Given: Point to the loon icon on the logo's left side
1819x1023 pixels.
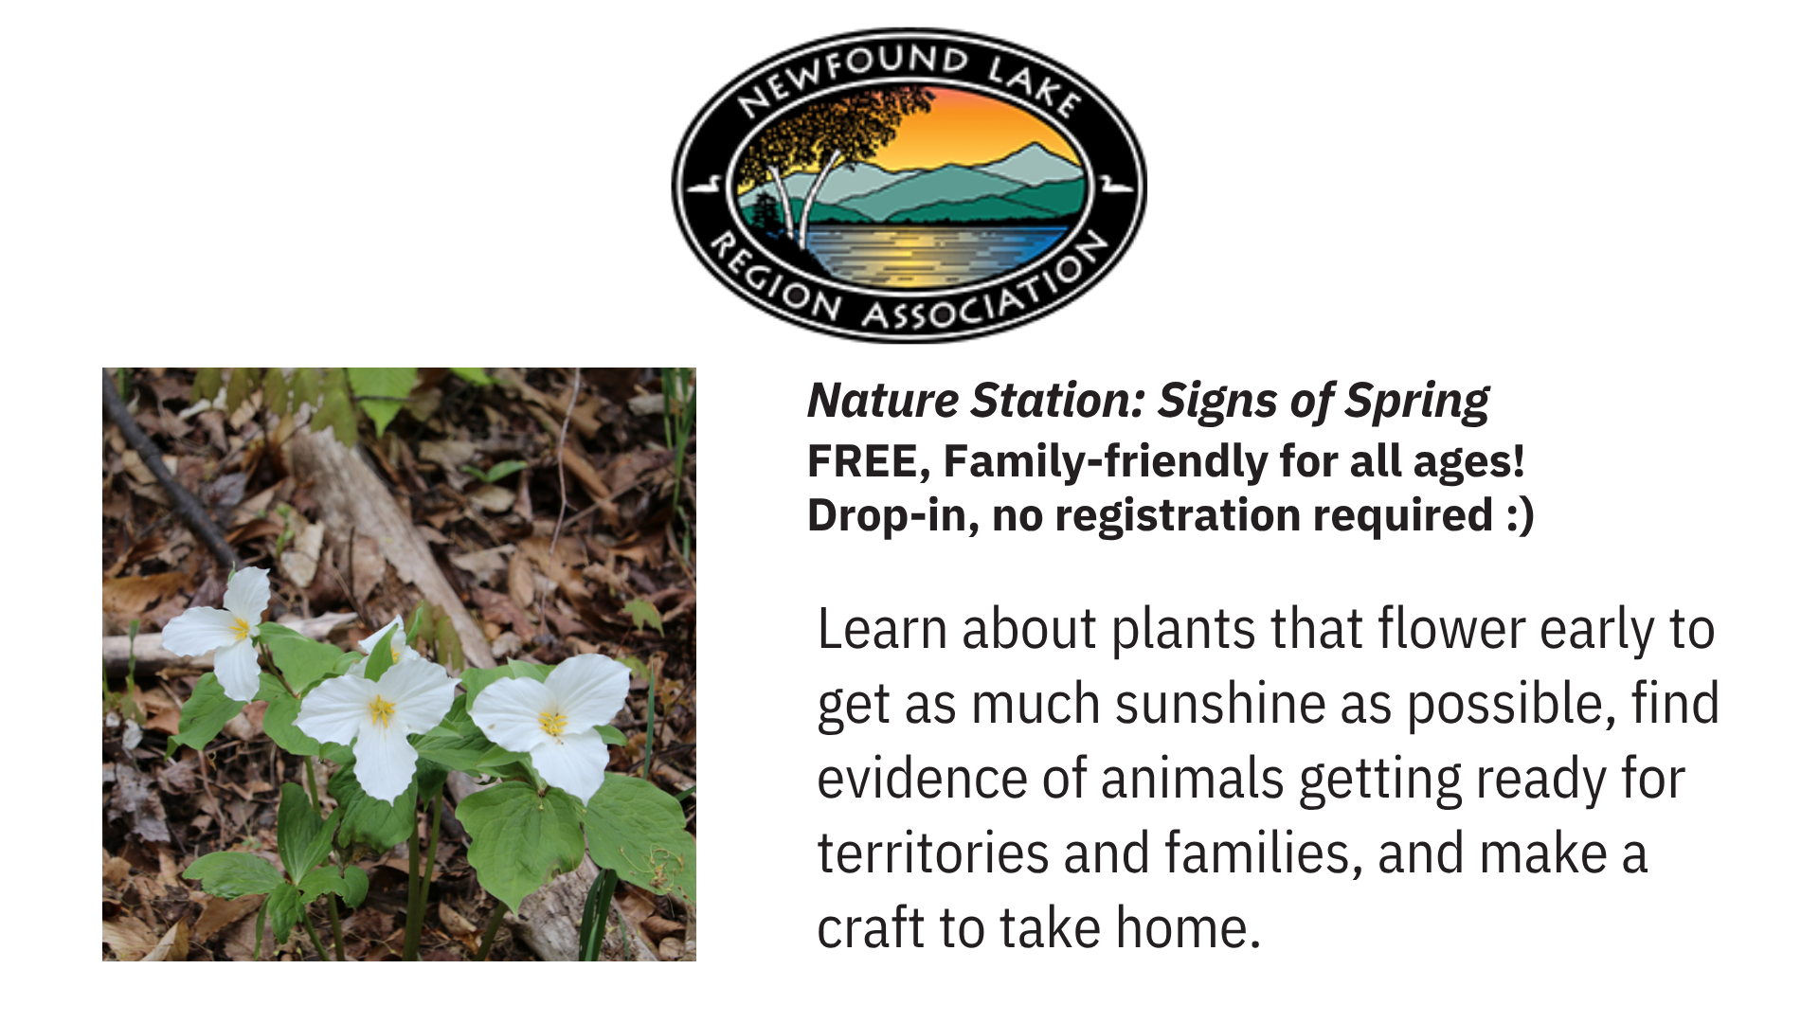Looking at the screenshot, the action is [705, 184].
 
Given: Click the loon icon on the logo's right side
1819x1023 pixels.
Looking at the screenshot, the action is [1115, 183].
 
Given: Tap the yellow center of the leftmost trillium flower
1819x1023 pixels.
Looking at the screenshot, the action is [240, 628].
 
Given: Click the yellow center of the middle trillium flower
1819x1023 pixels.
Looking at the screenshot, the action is [382, 709].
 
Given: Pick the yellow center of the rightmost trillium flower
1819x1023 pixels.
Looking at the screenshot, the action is [552, 723].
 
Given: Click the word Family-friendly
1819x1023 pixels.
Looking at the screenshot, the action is [1105, 462].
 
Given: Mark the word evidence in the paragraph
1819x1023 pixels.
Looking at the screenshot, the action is [922, 779].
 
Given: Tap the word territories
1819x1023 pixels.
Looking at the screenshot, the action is [933, 853].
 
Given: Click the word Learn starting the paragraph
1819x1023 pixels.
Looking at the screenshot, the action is [882, 630].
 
